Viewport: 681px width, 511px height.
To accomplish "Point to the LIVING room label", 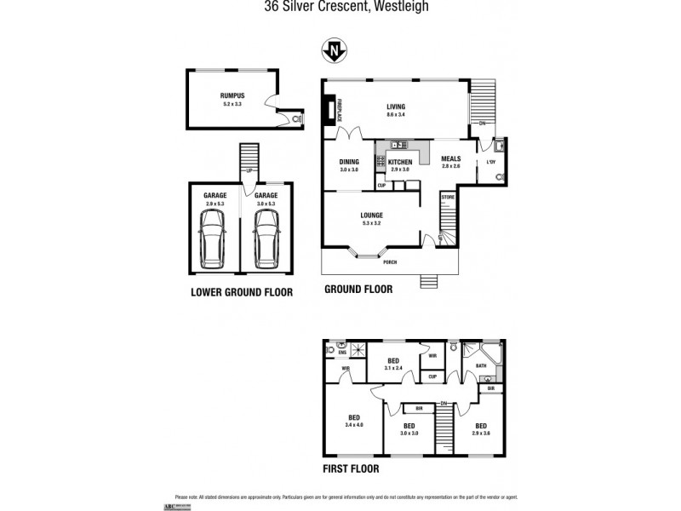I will (396, 106).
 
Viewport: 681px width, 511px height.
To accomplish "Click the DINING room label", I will (349, 162).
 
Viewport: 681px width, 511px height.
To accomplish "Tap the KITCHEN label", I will (400, 162).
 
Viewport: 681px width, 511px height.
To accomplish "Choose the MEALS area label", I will (450, 158).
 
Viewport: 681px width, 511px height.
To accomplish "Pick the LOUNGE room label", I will (371, 215).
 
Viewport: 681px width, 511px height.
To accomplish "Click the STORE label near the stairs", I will (448, 198).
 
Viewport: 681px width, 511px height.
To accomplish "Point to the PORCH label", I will (391, 262).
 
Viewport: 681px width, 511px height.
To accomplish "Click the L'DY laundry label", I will (491, 162).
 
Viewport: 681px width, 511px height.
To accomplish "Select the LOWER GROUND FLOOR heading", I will (242, 292).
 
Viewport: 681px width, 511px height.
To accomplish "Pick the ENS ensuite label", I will (342, 352).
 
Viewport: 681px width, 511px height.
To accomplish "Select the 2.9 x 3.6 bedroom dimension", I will (481, 432).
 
